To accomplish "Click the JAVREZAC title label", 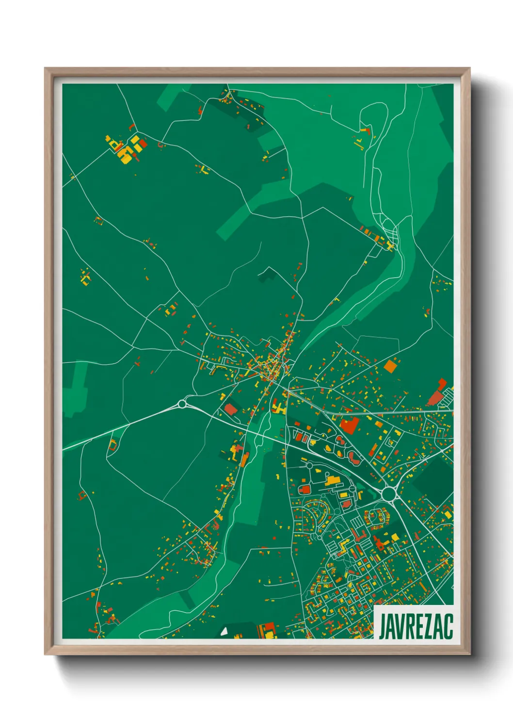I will click(415, 626).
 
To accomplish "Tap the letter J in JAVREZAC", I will click(382, 626).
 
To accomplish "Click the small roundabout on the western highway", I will click(182, 403).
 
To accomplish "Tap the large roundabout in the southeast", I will click(388, 494).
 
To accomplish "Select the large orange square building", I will click(390, 366).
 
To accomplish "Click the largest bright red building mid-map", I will click(349, 425).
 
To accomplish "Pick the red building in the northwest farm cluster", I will click(144, 144).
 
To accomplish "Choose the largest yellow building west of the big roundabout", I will click(333, 481).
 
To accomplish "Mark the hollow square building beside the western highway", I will click(113, 444).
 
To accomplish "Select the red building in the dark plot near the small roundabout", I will click(231, 409).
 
